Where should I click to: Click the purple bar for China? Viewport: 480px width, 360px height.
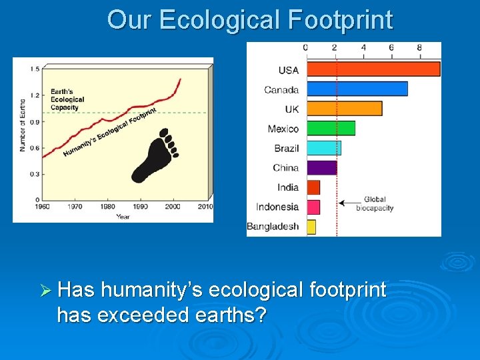pyautogui.click(x=321, y=167)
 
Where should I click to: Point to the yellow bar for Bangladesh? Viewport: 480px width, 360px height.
pyautogui.click(x=311, y=227)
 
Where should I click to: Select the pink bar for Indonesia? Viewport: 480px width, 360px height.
pyautogui.click(x=313, y=207)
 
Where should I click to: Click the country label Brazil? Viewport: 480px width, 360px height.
pyautogui.click(x=286, y=148)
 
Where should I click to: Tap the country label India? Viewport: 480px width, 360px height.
pyautogui.click(x=288, y=187)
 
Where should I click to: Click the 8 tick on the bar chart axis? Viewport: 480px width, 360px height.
pyautogui.click(x=419, y=47)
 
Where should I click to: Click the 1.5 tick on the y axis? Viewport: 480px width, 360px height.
pyautogui.click(x=34, y=68)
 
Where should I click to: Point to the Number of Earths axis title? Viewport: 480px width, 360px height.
pyautogui.click(x=22, y=126)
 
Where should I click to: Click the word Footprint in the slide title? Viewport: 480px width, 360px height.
pyautogui.click(x=341, y=20)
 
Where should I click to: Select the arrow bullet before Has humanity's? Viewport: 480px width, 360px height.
pyautogui.click(x=45, y=290)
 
